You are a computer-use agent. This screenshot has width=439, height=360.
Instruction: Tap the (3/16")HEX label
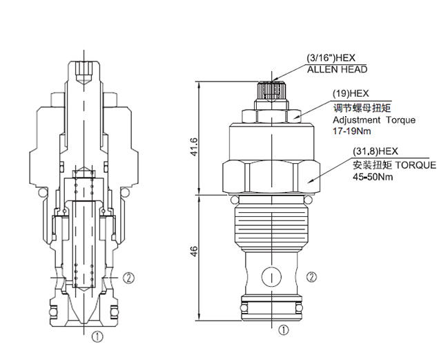tap(335, 59)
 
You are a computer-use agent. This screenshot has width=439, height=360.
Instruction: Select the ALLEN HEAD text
tap(337, 69)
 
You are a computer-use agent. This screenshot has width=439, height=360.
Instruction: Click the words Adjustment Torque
tap(374, 120)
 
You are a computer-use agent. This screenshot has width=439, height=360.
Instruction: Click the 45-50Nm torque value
tap(372, 176)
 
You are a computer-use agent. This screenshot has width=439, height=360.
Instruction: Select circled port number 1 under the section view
tap(97, 337)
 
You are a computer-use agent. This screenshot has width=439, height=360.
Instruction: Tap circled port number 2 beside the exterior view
tap(312, 278)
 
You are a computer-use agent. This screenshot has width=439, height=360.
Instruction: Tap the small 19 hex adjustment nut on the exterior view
tap(272, 115)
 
